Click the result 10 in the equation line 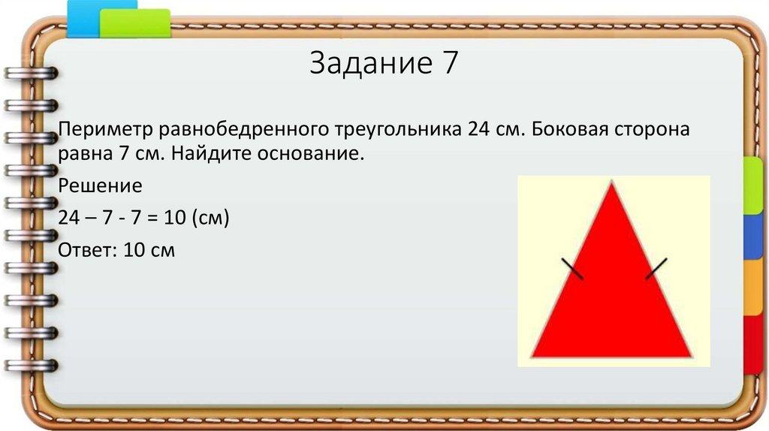tap(170, 218)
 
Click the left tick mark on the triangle tap(572, 269)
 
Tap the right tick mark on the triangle tap(656, 269)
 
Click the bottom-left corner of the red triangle tap(532, 356)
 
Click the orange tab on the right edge tap(752, 289)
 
